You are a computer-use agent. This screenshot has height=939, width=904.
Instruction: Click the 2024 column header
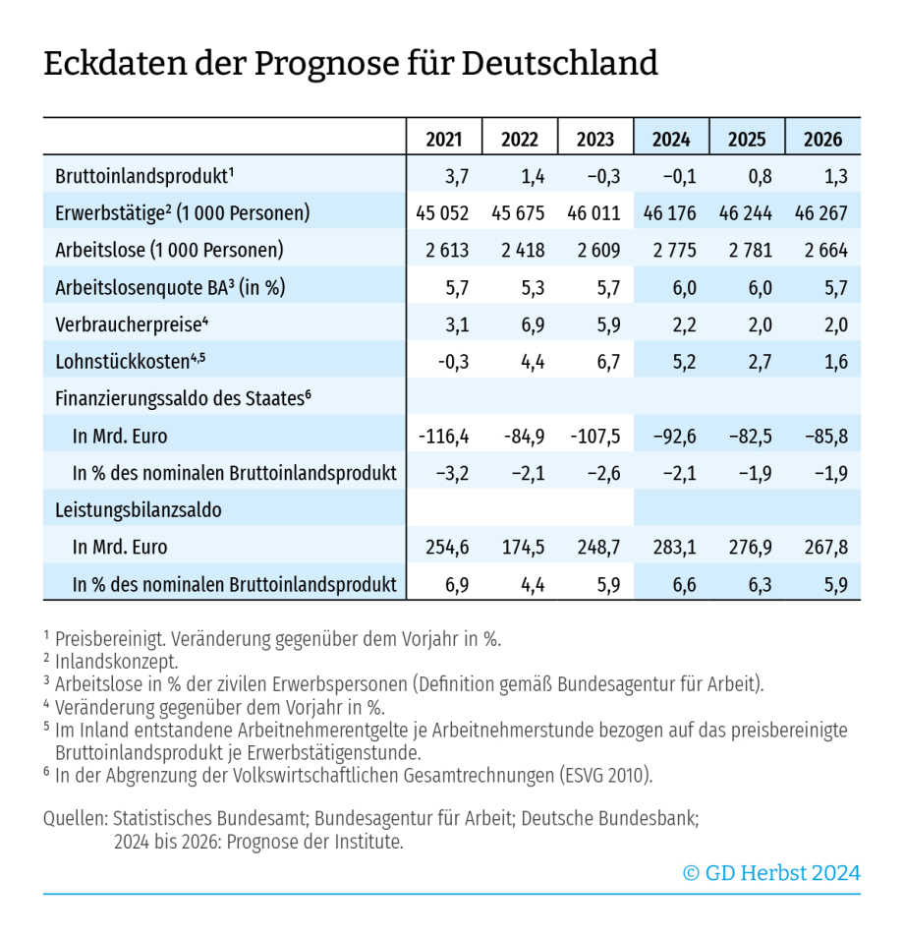(671, 139)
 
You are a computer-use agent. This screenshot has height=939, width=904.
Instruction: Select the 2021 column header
(444, 139)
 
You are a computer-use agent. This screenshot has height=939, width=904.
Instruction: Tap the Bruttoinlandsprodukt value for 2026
(822, 176)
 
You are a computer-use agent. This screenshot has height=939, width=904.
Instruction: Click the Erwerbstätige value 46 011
(595, 213)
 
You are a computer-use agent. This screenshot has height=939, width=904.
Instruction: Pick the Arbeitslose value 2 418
(520, 250)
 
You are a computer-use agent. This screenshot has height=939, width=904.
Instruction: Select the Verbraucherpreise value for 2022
(520, 324)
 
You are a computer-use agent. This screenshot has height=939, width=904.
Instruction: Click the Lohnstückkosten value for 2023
(595, 362)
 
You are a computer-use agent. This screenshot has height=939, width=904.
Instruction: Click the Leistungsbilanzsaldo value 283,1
(671, 548)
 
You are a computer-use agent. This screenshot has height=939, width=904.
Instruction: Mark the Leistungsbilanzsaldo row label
(138, 510)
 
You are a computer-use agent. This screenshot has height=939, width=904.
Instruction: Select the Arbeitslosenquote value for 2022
(520, 287)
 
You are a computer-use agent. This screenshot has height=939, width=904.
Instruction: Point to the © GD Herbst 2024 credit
(771, 872)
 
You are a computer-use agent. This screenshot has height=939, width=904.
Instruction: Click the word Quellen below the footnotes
(75, 817)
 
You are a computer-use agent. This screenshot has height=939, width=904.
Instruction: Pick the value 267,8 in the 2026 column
(822, 548)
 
